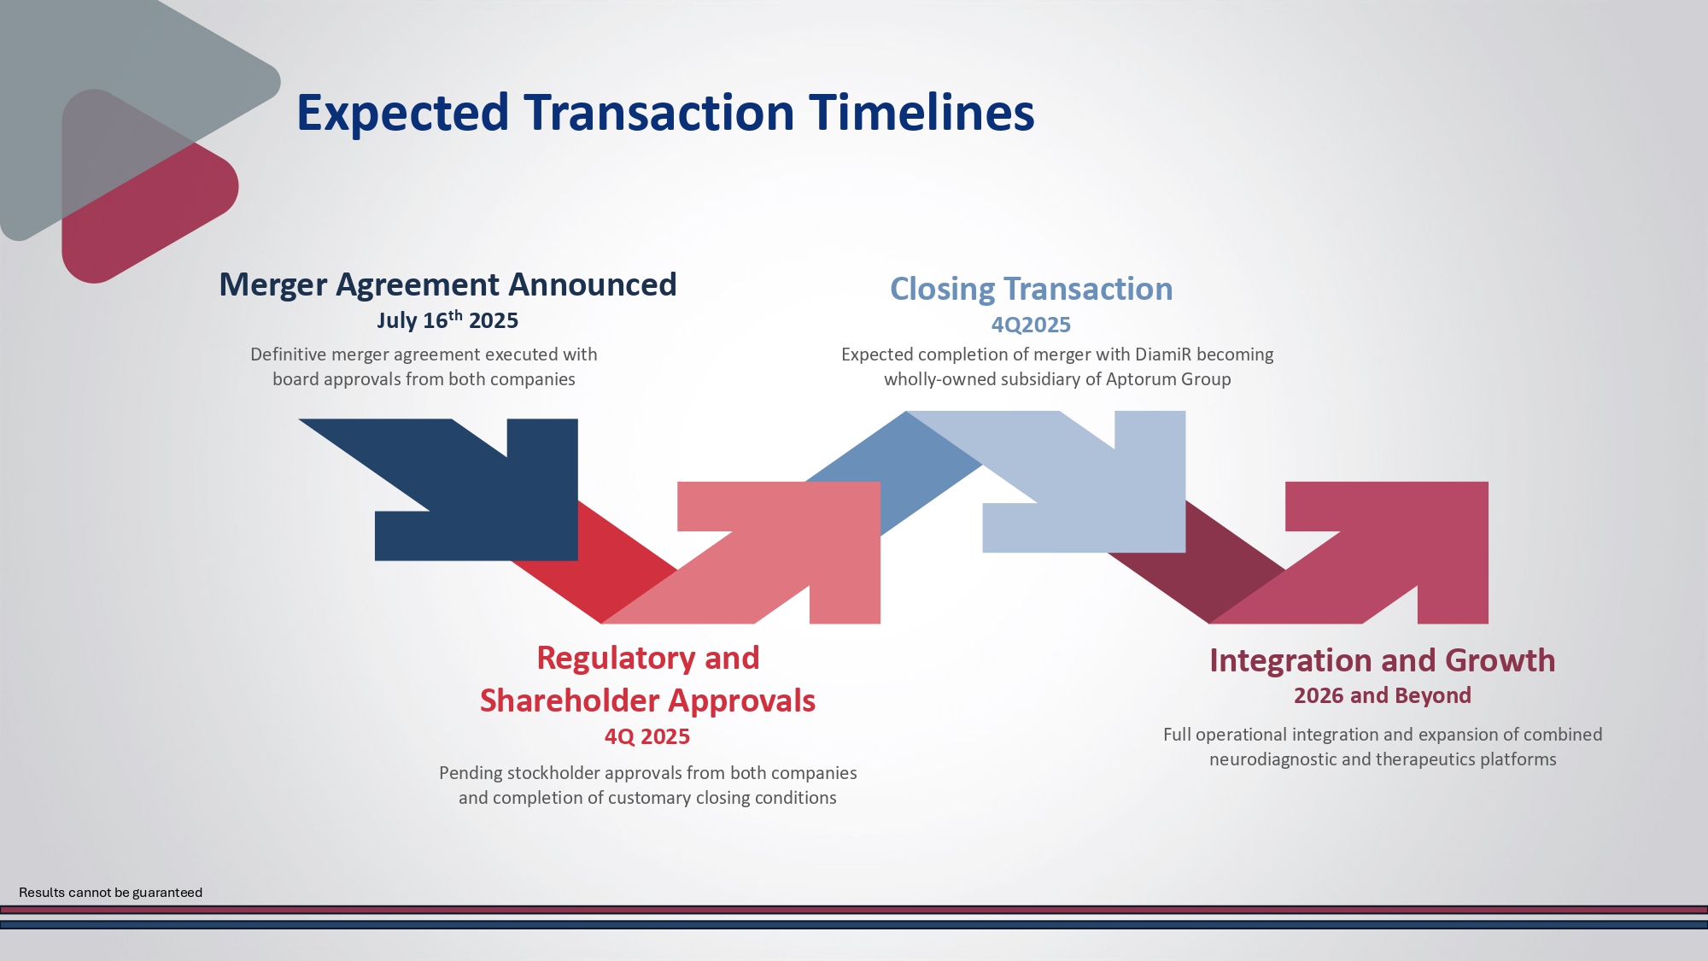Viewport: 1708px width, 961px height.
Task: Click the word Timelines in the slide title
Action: click(921, 113)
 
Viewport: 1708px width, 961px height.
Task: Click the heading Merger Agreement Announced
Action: click(447, 284)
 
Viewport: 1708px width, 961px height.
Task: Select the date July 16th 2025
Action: click(447, 320)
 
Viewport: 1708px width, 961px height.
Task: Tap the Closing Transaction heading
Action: click(1031, 289)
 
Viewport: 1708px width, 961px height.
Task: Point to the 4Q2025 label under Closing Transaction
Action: click(1031, 325)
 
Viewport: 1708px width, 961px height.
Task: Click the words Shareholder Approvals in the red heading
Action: click(647, 700)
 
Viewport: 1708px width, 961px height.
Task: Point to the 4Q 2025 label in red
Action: click(646, 736)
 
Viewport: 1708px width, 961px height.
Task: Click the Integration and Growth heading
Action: click(1382, 660)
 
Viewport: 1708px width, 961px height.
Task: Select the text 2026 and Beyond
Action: click(1382, 695)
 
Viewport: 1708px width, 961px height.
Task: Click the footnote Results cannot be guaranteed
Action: click(110, 893)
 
